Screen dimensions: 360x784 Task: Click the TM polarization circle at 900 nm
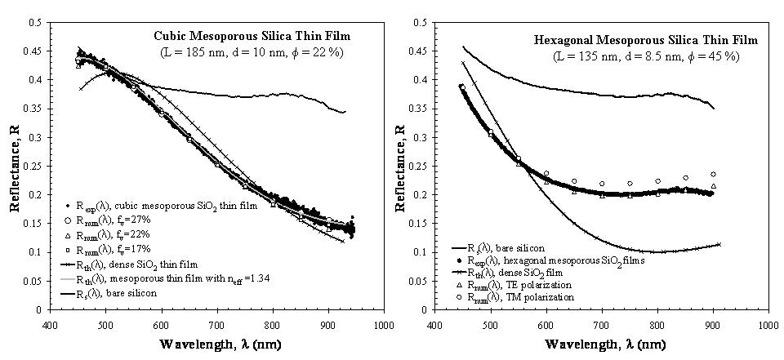click(x=713, y=174)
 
